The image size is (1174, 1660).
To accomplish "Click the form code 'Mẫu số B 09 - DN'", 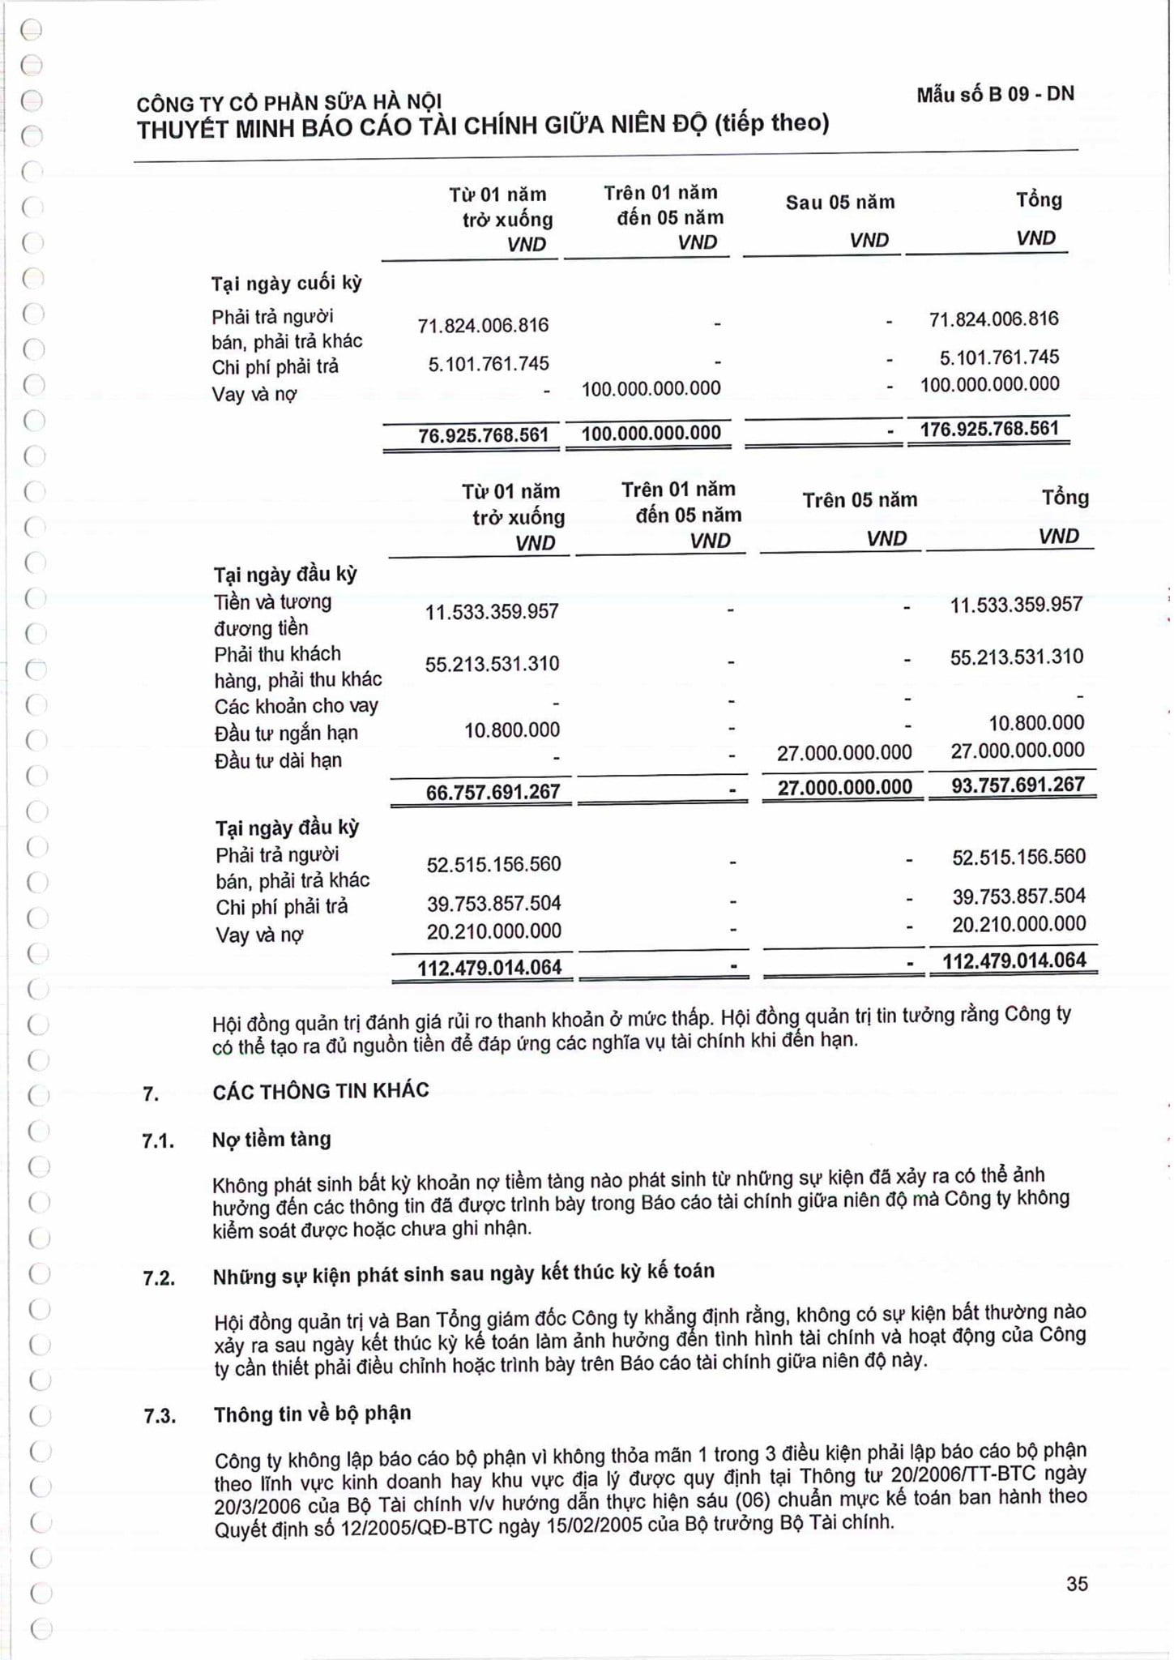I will [x=995, y=95].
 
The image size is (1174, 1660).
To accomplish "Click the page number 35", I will [x=1077, y=1584].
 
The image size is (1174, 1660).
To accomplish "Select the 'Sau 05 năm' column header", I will [x=840, y=203].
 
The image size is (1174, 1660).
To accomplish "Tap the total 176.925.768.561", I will [x=989, y=429].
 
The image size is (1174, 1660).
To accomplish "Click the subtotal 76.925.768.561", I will [x=483, y=435].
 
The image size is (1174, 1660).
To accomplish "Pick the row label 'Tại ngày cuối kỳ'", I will [x=287, y=284].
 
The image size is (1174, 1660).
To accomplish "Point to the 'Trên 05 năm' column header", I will [x=860, y=500].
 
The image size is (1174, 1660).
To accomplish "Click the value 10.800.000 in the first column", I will [x=512, y=730].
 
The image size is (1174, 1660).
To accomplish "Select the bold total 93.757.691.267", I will [x=1018, y=785].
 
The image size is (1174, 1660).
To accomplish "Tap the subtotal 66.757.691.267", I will [x=493, y=792].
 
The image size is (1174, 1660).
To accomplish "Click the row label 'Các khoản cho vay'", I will [x=297, y=706].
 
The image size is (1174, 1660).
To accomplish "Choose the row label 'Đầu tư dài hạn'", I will [x=279, y=761].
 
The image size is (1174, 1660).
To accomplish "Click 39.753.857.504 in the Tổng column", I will [x=1018, y=896].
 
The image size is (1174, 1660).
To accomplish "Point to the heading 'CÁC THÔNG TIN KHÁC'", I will [x=321, y=1091].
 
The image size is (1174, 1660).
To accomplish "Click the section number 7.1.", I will [x=158, y=1142].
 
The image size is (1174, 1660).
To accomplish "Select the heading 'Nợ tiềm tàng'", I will [x=272, y=1140].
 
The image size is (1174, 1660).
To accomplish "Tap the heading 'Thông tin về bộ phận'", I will [x=313, y=1414].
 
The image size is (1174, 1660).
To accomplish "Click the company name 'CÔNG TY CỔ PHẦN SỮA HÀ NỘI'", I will [x=289, y=103].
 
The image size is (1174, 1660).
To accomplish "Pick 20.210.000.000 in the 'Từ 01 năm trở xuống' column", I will [x=494, y=931].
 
